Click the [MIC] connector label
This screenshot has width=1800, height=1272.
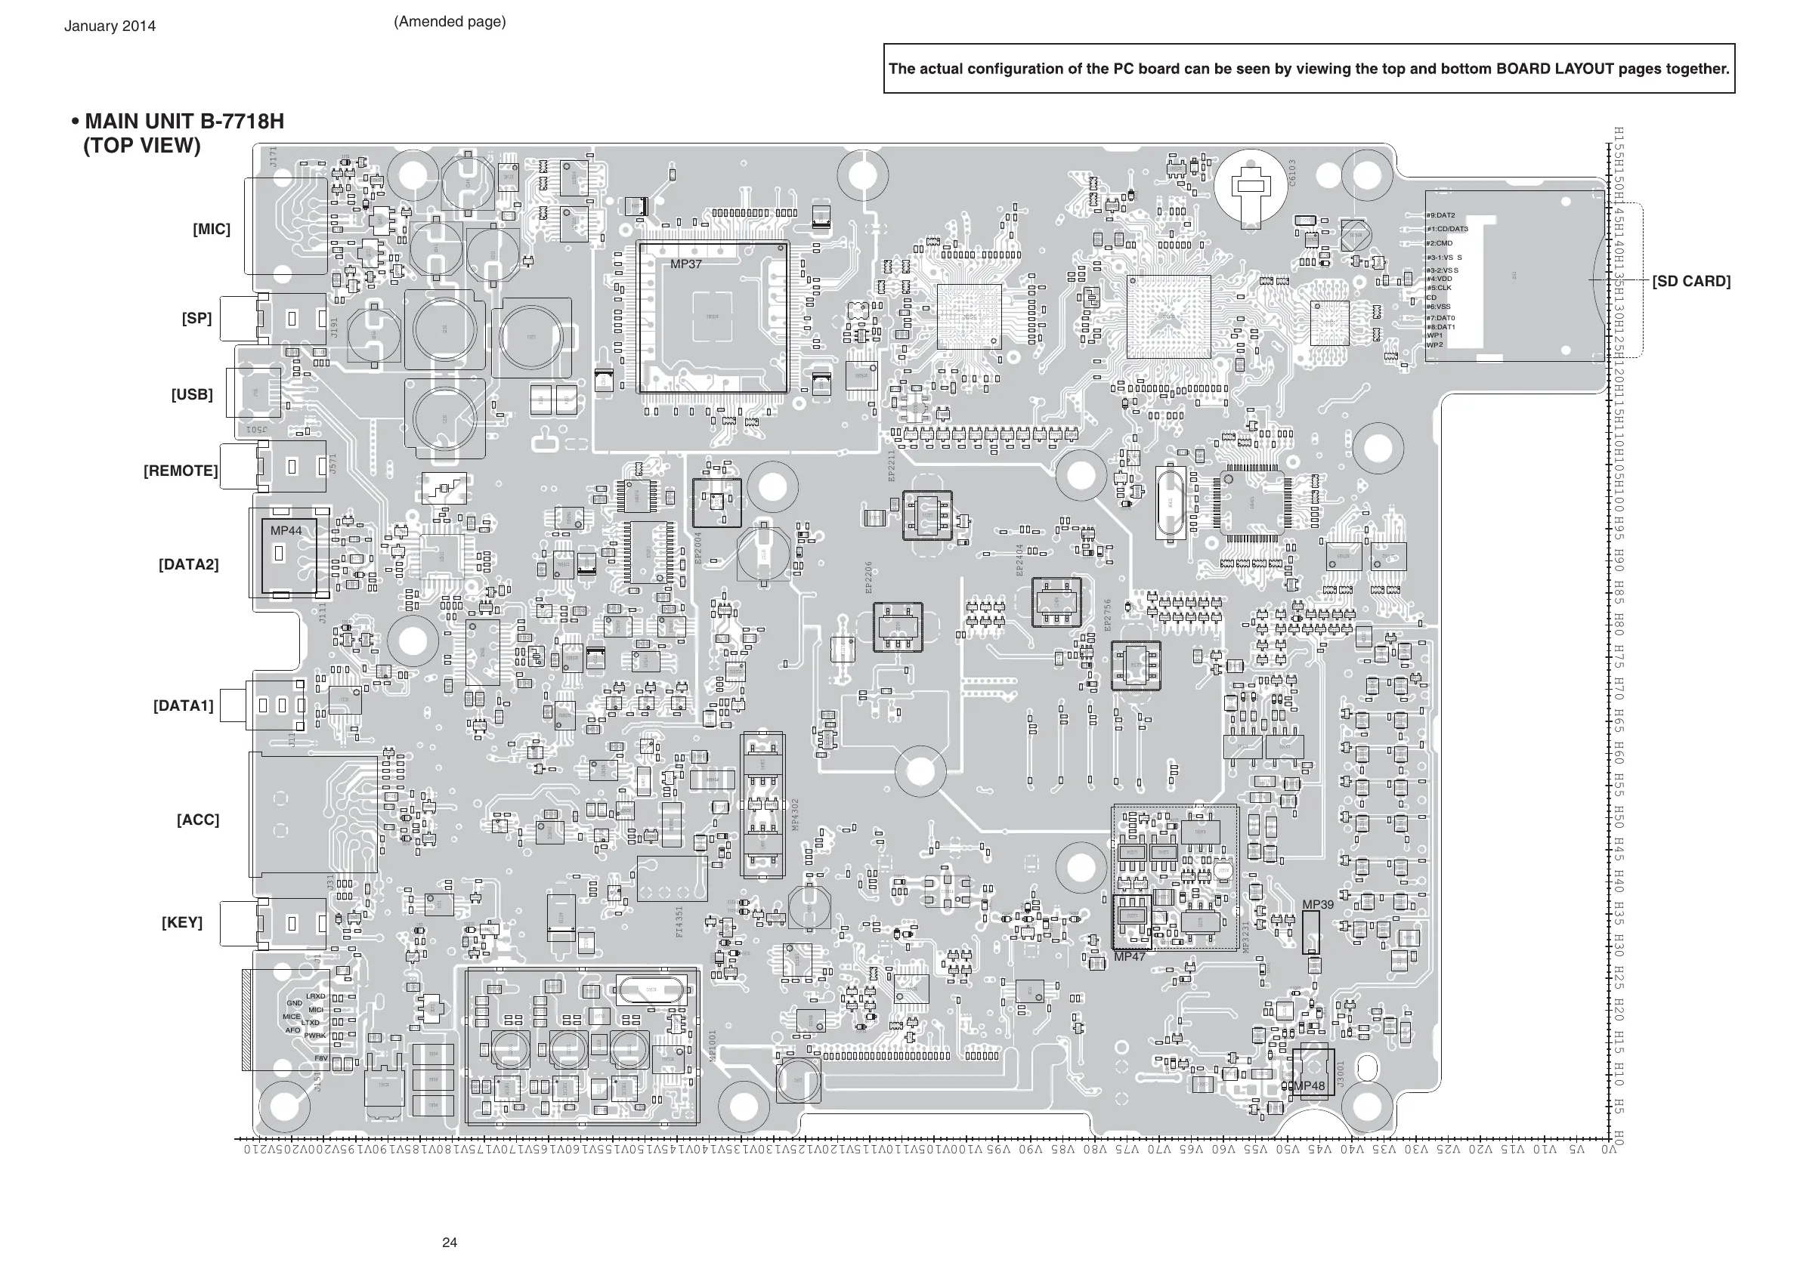[x=212, y=230]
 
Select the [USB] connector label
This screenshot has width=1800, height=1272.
[x=192, y=394]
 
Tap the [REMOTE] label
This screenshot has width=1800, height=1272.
[x=181, y=471]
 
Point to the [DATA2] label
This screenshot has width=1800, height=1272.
[x=188, y=564]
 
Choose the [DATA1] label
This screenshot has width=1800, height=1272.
[x=184, y=705]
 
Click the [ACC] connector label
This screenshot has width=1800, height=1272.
[x=197, y=820]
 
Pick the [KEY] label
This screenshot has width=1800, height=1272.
[x=182, y=922]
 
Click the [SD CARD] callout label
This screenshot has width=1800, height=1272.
[x=1691, y=281]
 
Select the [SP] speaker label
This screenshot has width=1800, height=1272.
[x=196, y=318]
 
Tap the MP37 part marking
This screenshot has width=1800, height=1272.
[x=686, y=264]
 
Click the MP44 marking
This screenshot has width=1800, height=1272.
[x=286, y=530]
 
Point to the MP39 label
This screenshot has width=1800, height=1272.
[x=1318, y=904]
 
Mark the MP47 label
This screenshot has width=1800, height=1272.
[x=1130, y=957]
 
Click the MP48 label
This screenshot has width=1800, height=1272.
[x=1309, y=1086]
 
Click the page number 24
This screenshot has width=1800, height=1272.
[x=449, y=1243]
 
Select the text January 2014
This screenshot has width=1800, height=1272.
[x=110, y=26]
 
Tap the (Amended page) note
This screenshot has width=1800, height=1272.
[x=449, y=22]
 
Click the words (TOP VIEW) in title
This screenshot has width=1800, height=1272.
[x=142, y=146]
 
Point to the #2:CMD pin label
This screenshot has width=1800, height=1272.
[x=1440, y=244]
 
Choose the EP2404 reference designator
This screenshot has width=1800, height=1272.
[x=1020, y=560]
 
